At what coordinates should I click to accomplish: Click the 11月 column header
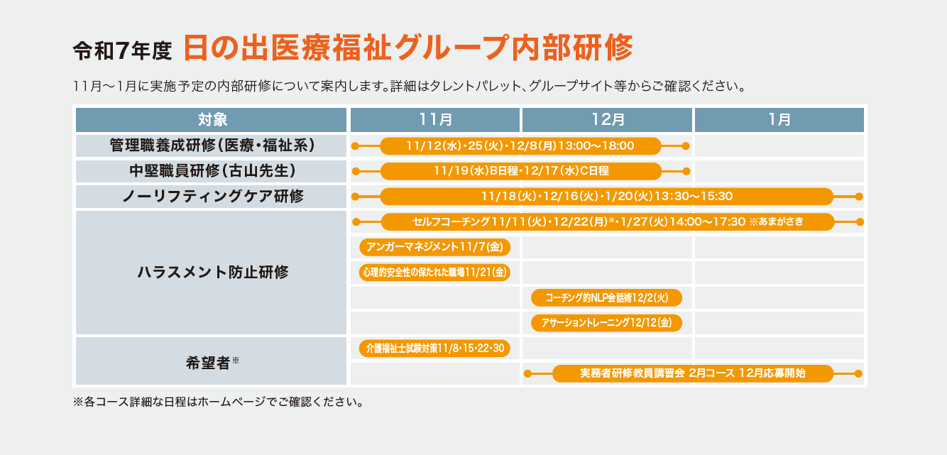coord(435,119)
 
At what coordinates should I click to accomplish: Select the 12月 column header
coord(607,119)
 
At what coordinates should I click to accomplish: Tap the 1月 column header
coord(779,119)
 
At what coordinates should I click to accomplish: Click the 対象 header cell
coord(212,119)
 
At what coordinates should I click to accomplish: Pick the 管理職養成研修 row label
coord(212,146)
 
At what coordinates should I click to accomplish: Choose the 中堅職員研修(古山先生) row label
coord(212,171)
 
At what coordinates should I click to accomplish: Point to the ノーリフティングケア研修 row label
coord(212,197)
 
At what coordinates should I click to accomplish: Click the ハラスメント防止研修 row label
coord(212,272)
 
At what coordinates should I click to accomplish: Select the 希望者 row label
coord(212,361)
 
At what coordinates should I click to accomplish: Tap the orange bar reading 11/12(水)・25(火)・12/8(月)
coord(520,146)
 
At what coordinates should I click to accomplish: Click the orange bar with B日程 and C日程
coord(520,171)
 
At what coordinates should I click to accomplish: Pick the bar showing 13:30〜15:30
coord(606,197)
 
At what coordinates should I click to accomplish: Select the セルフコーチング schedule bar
coord(607,221)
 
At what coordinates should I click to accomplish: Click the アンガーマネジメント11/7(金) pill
coord(434,247)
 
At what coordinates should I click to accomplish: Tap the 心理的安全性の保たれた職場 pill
coord(434,272)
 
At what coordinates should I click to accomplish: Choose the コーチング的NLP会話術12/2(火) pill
coord(606,297)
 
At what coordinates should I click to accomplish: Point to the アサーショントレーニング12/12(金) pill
coord(606,323)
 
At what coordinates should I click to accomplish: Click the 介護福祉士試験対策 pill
coord(434,348)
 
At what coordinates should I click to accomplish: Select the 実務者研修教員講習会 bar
coord(692,373)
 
